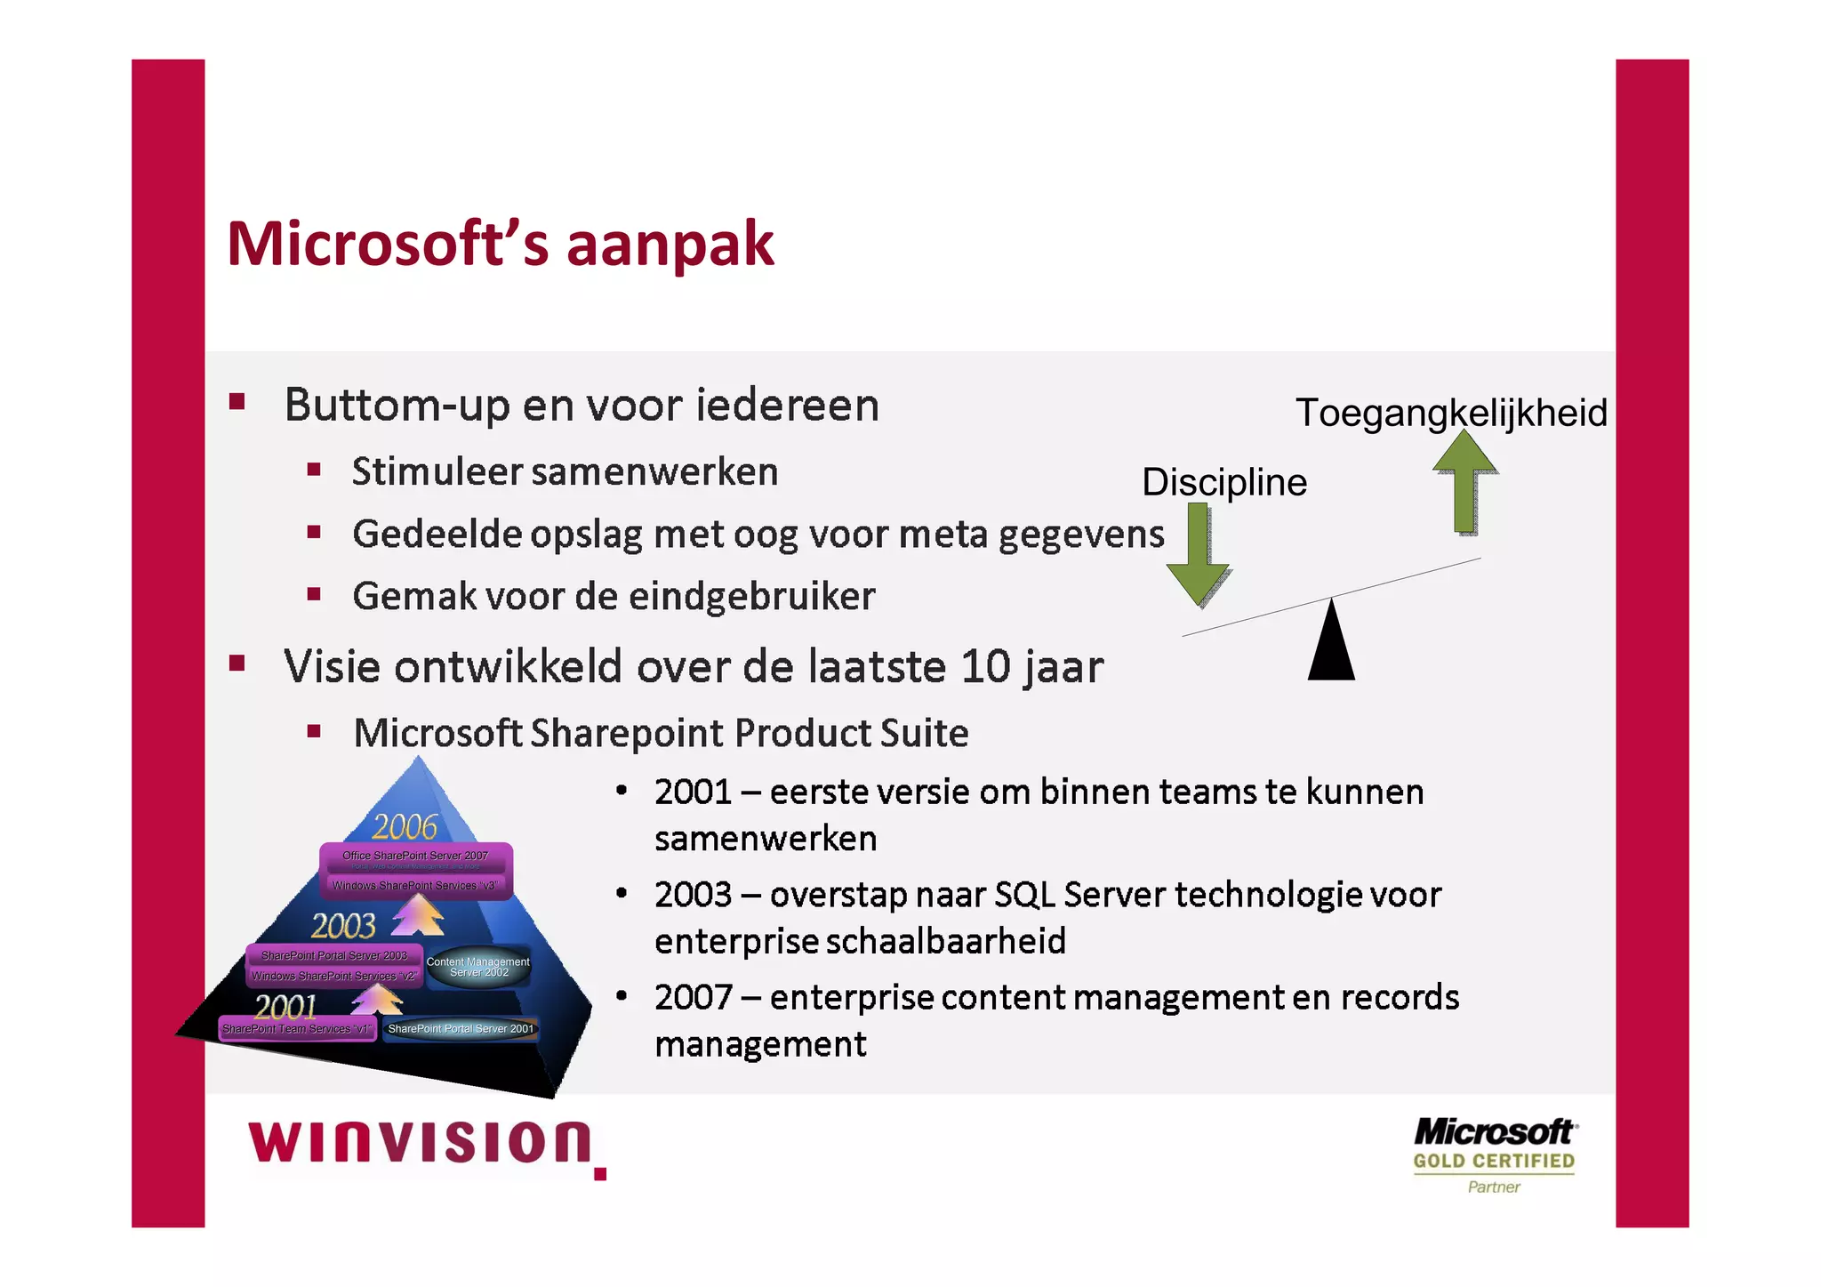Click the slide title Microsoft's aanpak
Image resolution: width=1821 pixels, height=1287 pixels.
500,244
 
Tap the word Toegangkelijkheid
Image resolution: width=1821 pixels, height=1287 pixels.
1450,413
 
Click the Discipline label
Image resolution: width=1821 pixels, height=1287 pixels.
1223,482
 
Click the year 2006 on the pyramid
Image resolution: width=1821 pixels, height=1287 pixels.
405,827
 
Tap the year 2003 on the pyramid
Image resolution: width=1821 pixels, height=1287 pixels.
343,927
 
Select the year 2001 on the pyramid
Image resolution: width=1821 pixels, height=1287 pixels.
285,1007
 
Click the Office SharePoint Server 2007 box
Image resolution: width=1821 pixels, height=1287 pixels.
415,857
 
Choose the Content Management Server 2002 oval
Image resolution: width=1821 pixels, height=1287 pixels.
478,967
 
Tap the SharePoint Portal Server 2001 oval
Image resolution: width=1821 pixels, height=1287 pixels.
461,1029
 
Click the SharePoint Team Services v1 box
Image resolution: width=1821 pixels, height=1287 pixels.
297,1029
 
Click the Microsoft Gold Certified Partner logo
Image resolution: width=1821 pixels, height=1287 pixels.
1494,1155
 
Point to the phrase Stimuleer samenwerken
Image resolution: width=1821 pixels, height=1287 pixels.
565,472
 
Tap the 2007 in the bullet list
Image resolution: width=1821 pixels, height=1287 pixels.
692,998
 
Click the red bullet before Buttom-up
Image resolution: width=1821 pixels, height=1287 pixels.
237,401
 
